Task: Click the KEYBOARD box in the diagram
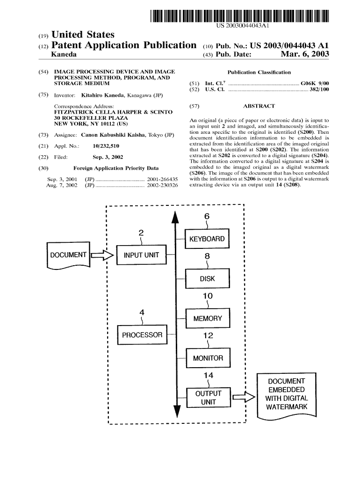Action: [x=207, y=239]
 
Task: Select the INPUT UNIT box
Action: [x=141, y=255]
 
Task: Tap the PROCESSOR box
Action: [x=142, y=335]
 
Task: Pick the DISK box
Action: [x=207, y=279]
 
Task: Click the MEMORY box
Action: [x=208, y=319]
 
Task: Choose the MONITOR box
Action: [x=208, y=358]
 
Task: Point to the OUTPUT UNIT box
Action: [x=208, y=398]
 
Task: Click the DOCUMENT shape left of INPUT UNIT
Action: [x=68, y=255]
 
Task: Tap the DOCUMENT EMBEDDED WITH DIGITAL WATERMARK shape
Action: [x=287, y=394]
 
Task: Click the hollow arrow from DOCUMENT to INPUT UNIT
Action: [x=102, y=255]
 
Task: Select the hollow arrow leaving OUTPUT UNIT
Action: [x=243, y=398]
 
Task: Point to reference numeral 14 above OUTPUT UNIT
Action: [x=208, y=376]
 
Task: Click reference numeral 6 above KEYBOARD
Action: [x=207, y=216]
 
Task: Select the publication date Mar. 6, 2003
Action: [x=305, y=55]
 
